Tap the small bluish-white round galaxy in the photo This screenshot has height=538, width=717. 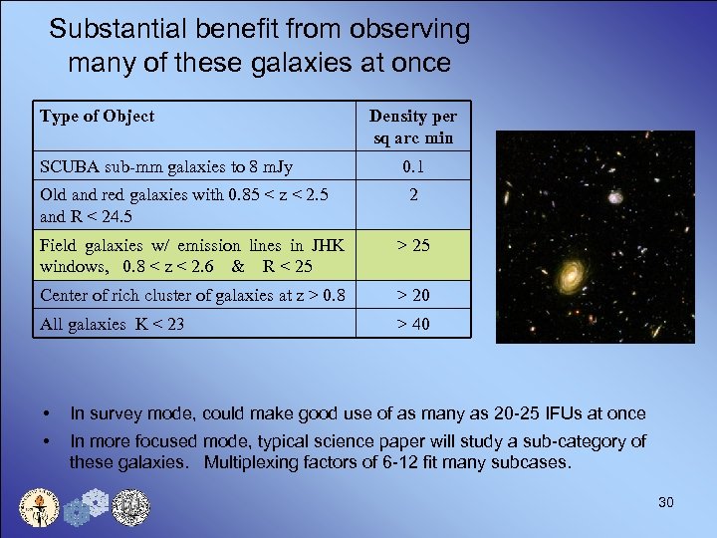(x=614, y=197)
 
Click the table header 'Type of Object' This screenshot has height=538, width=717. (x=98, y=117)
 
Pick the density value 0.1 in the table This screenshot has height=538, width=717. (x=412, y=166)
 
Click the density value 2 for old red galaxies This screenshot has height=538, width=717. (x=412, y=195)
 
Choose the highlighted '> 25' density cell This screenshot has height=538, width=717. (x=412, y=245)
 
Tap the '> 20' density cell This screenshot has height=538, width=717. (x=412, y=295)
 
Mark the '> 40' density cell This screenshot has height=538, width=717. (x=412, y=324)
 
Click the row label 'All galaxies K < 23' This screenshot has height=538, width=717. (x=112, y=324)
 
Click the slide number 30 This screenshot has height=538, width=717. (x=665, y=502)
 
